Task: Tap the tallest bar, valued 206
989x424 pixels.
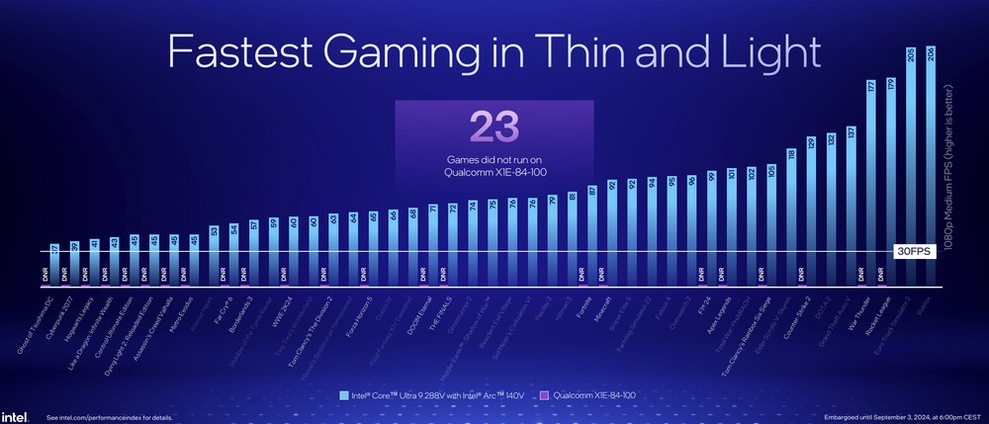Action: pyautogui.click(x=930, y=168)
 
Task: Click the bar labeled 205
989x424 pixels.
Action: pyautogui.click(x=910, y=168)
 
